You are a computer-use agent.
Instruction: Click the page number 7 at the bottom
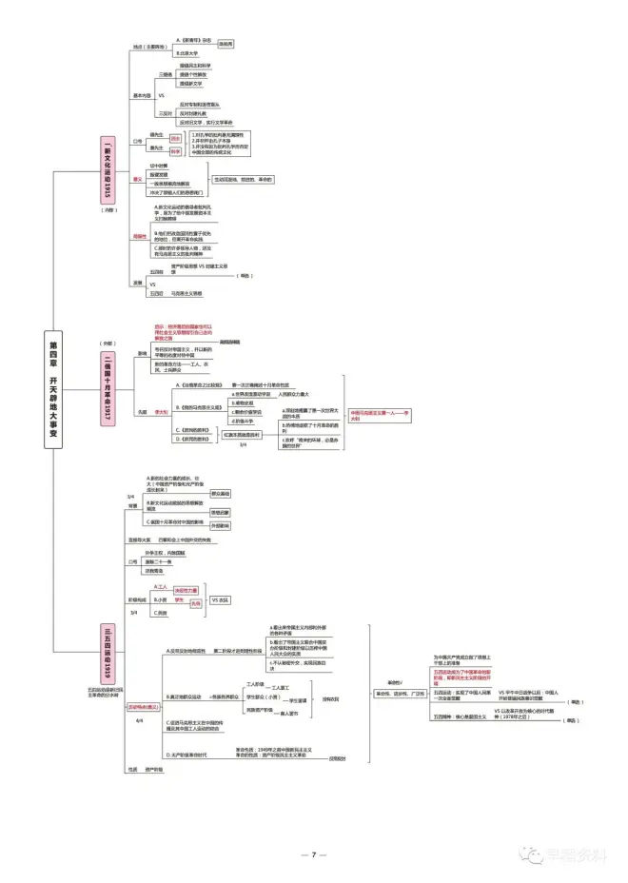pos(313,854)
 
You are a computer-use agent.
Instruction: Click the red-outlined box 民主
pos(176,138)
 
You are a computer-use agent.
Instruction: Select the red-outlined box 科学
pos(176,150)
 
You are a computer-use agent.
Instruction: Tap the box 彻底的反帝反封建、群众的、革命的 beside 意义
pos(244,179)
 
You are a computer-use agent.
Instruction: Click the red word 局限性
pos(140,236)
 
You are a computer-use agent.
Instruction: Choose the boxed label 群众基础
pos(220,493)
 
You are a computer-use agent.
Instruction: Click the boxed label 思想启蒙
pos(220,511)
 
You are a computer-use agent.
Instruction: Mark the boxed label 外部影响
pos(220,525)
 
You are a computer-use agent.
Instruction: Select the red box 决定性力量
pos(187,590)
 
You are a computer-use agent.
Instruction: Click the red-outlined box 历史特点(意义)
pos(144,707)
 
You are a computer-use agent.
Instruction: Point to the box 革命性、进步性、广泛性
pos(406,694)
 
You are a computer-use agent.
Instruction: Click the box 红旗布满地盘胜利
pos(244,434)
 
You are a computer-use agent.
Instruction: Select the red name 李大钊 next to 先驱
pos(162,412)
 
